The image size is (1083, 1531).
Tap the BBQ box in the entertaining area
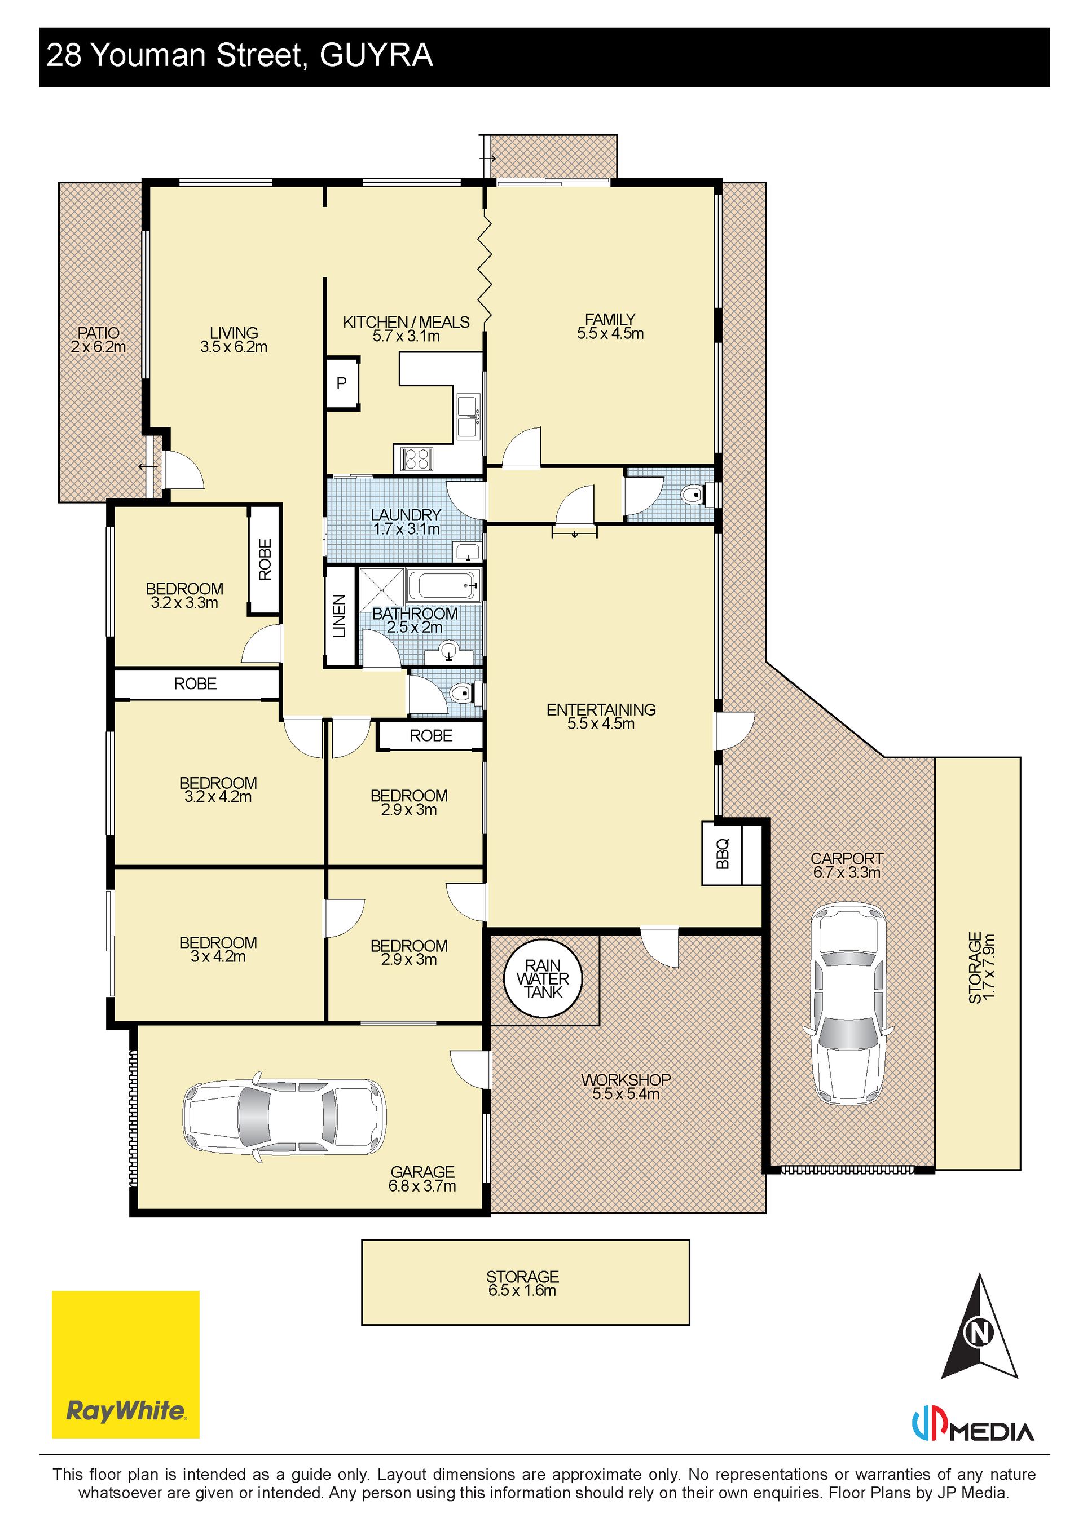[x=722, y=854]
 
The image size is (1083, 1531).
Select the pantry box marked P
[x=342, y=383]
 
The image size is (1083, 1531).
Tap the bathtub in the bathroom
[x=443, y=585]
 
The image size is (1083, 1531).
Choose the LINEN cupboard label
[x=340, y=616]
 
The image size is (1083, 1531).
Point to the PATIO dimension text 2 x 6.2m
[x=99, y=347]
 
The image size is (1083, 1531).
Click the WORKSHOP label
[x=626, y=1079]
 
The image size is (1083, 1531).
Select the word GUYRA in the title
[x=377, y=55]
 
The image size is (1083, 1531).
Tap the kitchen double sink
[x=468, y=417]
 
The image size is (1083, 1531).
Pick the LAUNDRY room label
[x=406, y=515]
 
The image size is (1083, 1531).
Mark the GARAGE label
[x=423, y=1172]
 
